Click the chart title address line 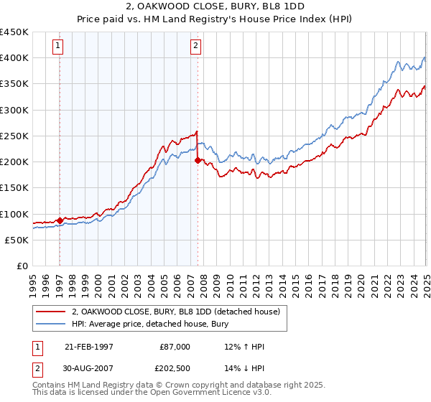[215, 8]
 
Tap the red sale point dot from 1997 [60, 220]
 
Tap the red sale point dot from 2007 [198, 161]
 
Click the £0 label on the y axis [22, 266]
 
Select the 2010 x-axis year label [229, 281]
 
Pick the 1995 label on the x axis [32, 281]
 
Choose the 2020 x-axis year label [361, 281]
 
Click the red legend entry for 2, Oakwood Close [180, 311]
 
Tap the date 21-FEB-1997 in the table [88, 346]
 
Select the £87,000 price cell [175, 346]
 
